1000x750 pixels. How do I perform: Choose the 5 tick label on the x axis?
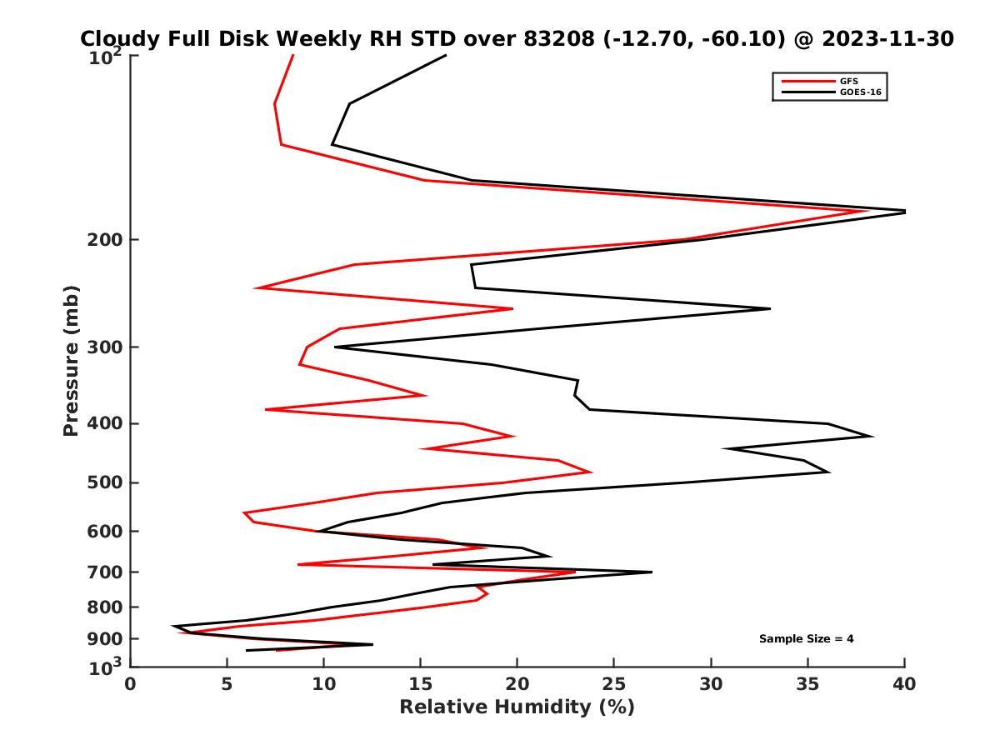[x=227, y=685]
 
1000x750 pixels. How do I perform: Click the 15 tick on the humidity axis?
[x=420, y=685]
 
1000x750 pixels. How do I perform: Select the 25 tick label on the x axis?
[x=613, y=685]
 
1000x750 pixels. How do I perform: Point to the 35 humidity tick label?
[x=807, y=685]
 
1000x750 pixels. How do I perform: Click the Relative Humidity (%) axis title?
[x=517, y=707]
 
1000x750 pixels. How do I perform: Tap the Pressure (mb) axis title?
[x=71, y=360]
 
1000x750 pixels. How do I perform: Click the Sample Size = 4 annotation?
[x=806, y=639]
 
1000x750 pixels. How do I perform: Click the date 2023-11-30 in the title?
[x=887, y=38]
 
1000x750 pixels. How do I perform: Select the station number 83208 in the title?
[x=557, y=38]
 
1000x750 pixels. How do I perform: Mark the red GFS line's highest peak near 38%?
[x=867, y=211]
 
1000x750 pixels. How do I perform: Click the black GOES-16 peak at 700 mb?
[x=651, y=572]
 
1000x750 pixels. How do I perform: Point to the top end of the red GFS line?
[x=292, y=55]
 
